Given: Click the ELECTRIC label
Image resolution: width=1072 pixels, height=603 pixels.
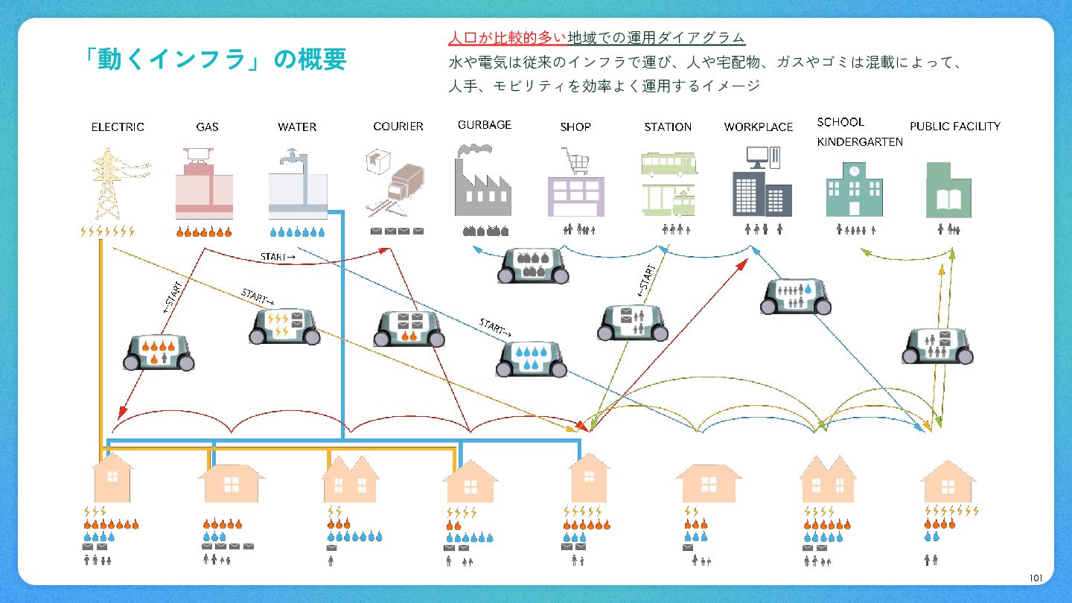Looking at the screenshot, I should pos(118,127).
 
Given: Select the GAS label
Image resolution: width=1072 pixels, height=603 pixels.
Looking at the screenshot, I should pos(207,127).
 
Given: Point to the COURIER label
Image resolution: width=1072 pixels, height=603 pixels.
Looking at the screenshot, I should pos(398,127).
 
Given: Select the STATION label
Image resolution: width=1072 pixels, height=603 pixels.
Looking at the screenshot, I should pos(668,127).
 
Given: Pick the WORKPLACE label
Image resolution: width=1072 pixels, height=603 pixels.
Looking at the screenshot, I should pos(759,127).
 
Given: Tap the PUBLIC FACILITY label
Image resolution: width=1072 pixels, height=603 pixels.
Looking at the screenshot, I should pos(955,127).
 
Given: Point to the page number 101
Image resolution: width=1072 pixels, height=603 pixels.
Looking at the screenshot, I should pos(1036,578).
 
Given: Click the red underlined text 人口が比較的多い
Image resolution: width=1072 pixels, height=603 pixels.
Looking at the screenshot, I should pos(507,38).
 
